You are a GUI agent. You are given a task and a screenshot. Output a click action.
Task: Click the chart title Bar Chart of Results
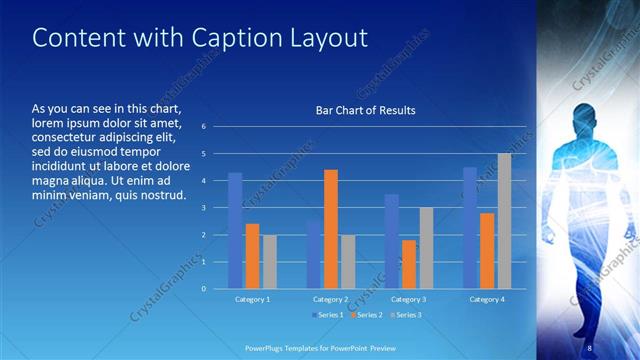359,110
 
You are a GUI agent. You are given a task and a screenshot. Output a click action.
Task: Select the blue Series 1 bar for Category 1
235,231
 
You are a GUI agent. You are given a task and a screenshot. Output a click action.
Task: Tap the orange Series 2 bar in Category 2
331,229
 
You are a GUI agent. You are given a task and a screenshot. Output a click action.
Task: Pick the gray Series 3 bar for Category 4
504,221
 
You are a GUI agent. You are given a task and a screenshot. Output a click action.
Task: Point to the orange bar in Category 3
409,264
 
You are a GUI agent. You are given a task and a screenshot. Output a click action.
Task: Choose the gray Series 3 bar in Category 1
269,262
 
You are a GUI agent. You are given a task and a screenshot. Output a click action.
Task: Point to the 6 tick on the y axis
203,127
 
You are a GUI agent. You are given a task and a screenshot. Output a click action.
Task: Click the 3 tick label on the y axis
203,208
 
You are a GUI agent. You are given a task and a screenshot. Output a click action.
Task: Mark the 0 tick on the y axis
203,289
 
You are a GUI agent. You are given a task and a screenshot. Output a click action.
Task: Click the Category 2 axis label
331,299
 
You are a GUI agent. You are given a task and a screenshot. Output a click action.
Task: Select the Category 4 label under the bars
487,299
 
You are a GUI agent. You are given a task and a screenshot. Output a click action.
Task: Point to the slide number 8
590,346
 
